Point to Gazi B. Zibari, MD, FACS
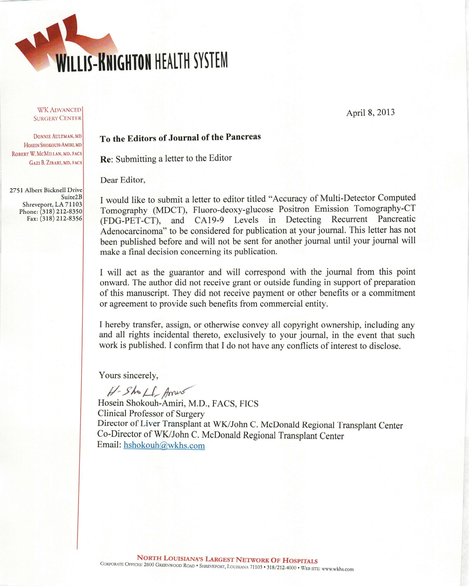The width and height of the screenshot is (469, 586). point(56,163)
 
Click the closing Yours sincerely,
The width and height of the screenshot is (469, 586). point(128,375)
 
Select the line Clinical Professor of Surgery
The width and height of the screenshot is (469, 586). point(151,414)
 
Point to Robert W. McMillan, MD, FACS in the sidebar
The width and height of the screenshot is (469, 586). point(47,154)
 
